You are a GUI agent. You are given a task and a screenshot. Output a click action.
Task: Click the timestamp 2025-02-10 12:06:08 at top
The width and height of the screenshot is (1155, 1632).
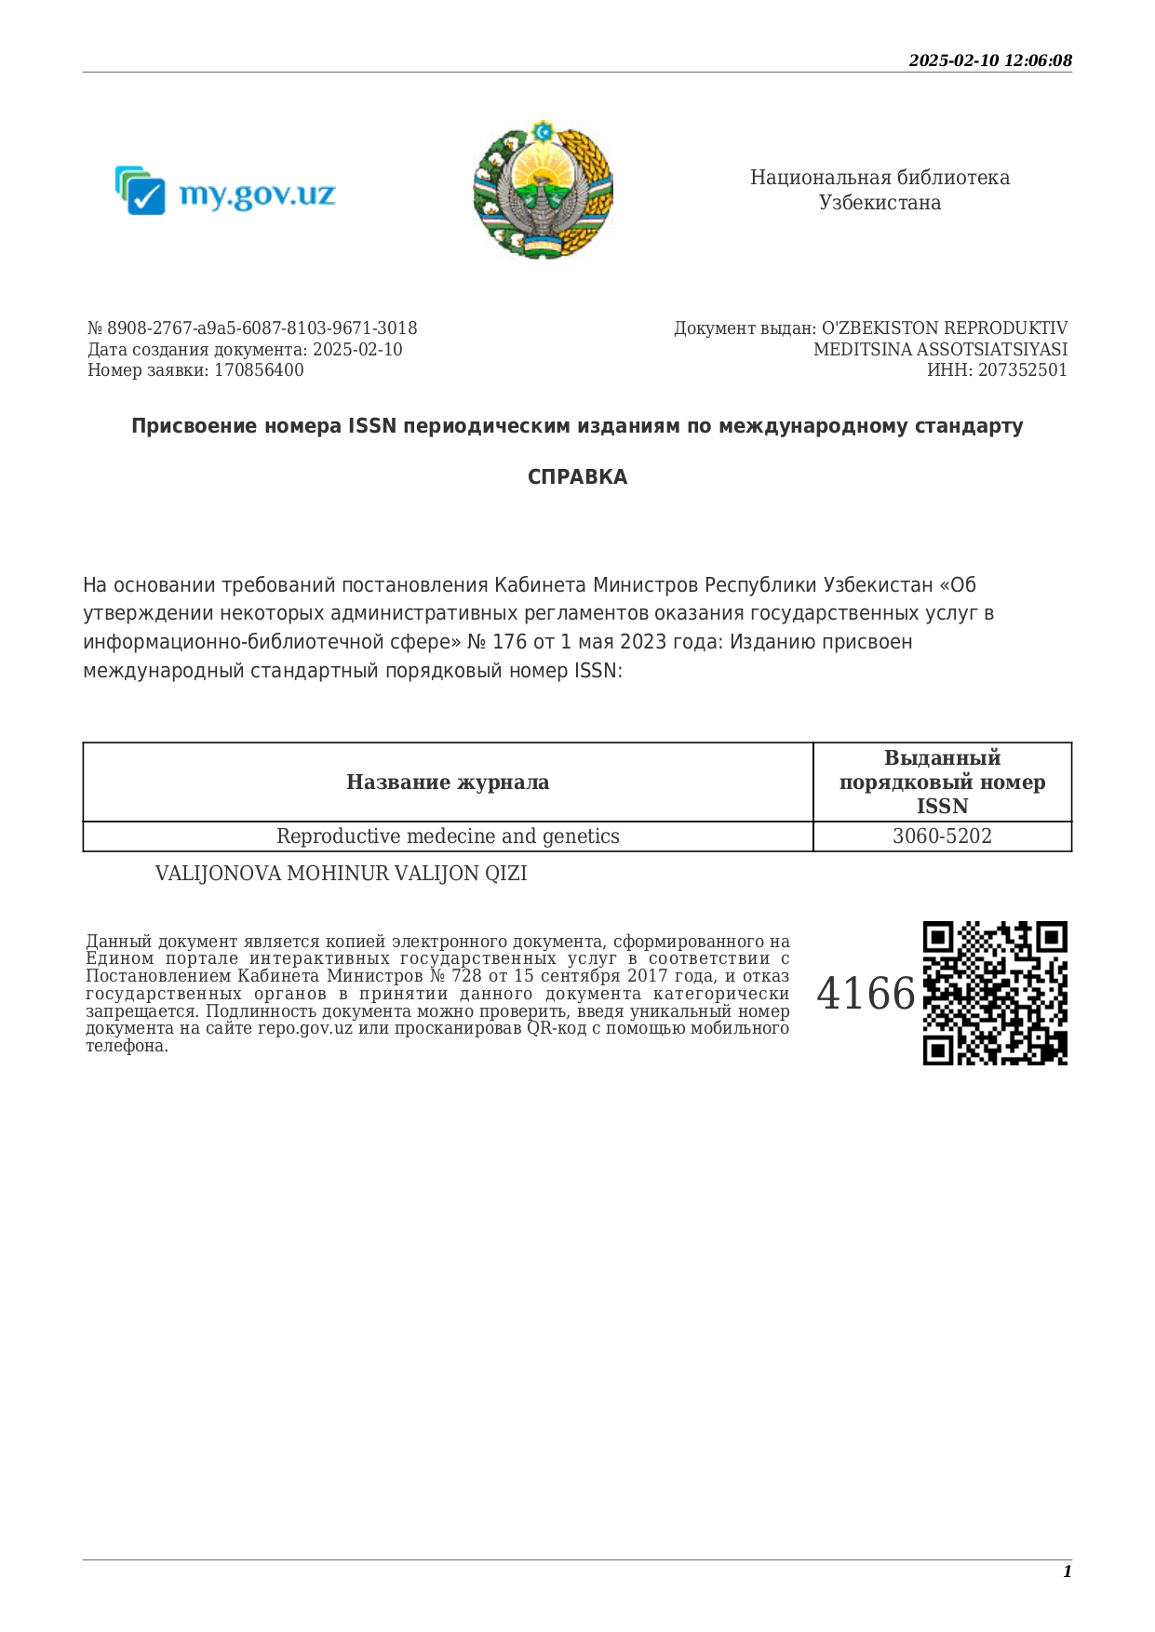point(989,60)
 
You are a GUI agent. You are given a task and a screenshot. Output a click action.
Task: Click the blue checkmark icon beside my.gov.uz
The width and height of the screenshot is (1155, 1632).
point(142,193)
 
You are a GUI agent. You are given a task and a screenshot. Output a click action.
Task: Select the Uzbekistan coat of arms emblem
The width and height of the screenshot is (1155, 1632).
point(543,189)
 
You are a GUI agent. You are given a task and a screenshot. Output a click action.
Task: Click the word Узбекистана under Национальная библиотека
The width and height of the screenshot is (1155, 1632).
point(880,203)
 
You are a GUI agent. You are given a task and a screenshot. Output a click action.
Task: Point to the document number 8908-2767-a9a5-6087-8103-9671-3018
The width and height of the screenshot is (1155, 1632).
point(262,328)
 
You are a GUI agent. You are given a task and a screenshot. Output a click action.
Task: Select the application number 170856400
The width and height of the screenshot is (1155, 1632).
point(259,370)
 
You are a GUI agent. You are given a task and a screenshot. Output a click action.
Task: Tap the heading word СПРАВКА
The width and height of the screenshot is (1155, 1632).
point(577,477)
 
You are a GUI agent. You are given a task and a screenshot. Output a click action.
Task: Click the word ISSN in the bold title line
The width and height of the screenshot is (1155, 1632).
point(372,426)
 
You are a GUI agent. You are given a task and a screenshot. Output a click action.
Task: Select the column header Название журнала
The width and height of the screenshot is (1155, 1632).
point(448,783)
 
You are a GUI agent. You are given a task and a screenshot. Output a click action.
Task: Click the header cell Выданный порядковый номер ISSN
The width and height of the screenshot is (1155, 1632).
point(942,783)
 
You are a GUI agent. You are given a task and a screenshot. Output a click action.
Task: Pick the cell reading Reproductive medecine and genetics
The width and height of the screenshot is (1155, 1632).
point(448,836)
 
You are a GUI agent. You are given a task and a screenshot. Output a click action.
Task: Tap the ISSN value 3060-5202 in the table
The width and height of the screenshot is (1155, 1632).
point(942,836)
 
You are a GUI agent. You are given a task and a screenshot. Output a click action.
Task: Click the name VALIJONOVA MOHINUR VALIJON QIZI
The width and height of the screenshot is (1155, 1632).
point(341,874)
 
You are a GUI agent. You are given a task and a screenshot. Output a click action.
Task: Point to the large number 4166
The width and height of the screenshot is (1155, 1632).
point(866,994)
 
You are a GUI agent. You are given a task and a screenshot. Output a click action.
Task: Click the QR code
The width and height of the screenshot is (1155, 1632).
point(995,993)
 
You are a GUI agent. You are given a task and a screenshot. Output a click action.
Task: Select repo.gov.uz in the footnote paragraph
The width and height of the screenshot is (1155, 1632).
point(304,1028)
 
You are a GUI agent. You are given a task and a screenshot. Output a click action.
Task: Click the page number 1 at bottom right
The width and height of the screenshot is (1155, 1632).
point(1067,1572)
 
